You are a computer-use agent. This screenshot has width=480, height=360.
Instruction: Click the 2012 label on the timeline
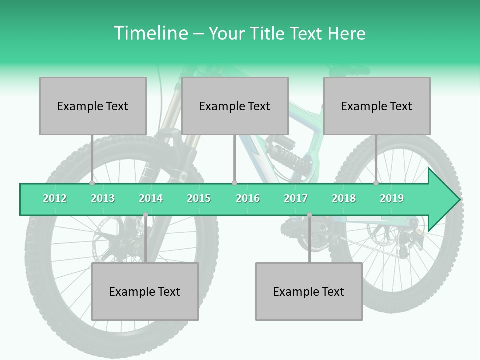[x=55, y=198]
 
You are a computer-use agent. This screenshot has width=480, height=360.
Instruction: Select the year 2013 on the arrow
[x=103, y=198]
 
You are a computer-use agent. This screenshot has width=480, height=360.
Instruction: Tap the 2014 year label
[x=151, y=198]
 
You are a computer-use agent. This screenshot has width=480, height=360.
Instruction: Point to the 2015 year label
[x=199, y=198]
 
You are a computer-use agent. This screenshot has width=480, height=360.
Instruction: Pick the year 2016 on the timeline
[x=248, y=198]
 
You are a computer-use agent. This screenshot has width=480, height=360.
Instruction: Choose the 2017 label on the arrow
[x=296, y=198]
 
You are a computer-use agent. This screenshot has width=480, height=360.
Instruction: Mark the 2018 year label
[x=344, y=198]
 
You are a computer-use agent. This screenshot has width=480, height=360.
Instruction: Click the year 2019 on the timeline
[x=392, y=198]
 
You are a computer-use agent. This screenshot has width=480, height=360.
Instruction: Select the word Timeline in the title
[x=150, y=33]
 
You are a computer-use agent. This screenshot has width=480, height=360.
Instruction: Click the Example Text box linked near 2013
[x=93, y=106]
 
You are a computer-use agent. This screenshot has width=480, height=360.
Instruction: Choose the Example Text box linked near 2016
[x=235, y=106]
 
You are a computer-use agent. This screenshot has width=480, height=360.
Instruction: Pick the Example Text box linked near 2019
[x=377, y=106]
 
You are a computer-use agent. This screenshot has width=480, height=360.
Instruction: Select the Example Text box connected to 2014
[x=145, y=291]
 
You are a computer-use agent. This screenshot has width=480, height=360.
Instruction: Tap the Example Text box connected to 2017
[x=309, y=291]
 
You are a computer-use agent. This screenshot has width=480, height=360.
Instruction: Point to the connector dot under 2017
[x=309, y=215]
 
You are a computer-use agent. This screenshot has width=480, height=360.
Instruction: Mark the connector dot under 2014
[x=145, y=215]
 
